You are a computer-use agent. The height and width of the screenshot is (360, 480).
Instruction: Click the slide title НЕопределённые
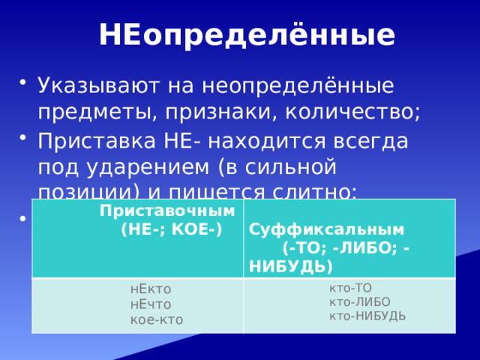click(247, 35)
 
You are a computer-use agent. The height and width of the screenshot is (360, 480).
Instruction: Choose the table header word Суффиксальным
click(327, 229)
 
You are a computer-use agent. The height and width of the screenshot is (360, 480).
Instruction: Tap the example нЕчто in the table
click(151, 304)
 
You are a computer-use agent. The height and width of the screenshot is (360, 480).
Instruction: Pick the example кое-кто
click(156, 319)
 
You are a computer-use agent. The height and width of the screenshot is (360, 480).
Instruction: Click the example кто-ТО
click(350, 287)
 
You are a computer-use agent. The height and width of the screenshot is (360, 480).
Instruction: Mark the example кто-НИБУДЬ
click(367, 316)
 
